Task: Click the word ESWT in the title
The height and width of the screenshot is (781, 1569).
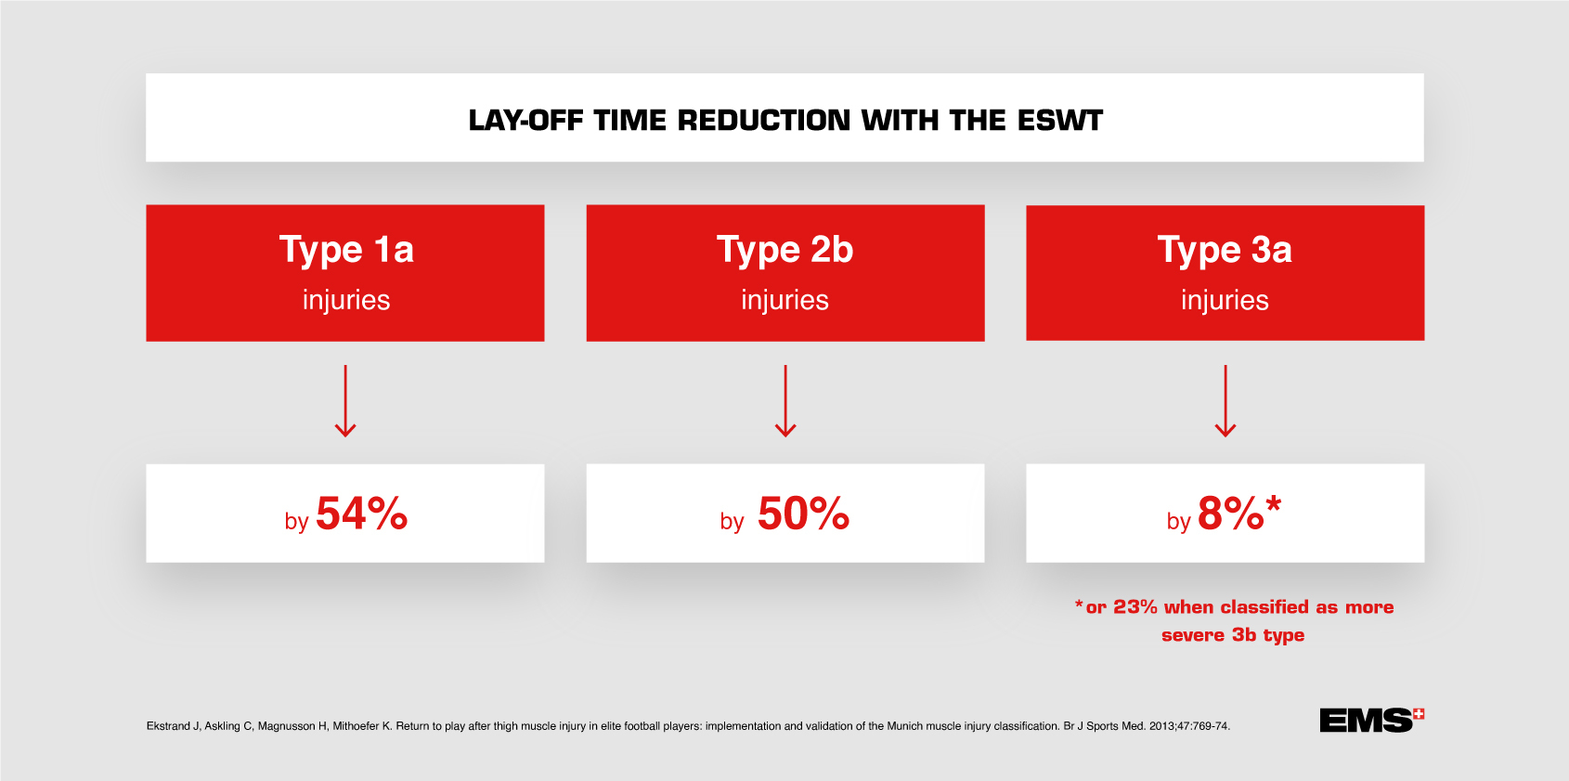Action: click(1059, 121)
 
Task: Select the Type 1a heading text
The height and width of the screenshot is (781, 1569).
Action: click(345, 250)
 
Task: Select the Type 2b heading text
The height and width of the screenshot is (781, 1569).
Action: click(784, 250)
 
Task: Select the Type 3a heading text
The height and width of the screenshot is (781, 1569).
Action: click(1224, 250)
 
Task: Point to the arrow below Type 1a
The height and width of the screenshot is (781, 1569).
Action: click(345, 401)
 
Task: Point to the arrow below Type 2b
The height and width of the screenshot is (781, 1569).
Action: click(785, 401)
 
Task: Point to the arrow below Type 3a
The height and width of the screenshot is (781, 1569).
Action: click(1225, 401)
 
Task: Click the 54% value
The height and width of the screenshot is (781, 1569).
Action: click(361, 514)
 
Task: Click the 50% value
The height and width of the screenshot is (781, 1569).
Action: click(803, 514)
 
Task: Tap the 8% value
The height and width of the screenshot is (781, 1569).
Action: click(1230, 514)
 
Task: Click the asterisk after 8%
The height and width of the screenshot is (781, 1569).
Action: click(1274, 505)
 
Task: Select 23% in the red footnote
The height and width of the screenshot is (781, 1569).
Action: click(1135, 607)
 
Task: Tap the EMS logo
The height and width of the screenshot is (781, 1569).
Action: click(1365, 721)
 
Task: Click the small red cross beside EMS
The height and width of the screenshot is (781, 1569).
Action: click(1419, 714)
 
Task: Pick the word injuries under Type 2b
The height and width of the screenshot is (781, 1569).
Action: click(784, 300)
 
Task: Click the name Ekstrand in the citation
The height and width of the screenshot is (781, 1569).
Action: click(168, 726)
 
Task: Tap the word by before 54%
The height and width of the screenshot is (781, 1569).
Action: click(296, 522)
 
